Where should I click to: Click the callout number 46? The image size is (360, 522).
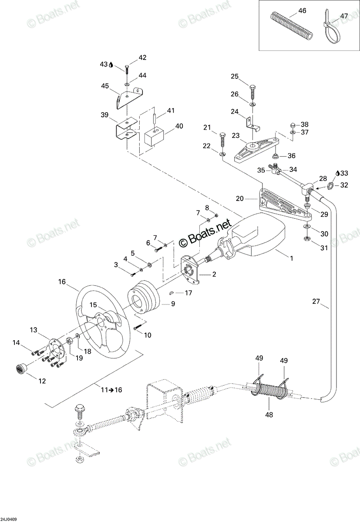(302, 11)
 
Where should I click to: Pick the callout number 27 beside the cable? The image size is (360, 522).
(316, 301)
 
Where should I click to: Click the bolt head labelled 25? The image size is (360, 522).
(252, 88)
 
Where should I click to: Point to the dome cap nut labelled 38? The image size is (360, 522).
(293, 125)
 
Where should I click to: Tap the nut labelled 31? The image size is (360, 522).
(307, 239)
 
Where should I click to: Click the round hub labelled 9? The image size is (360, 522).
(143, 298)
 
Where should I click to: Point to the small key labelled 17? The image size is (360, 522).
(171, 293)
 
